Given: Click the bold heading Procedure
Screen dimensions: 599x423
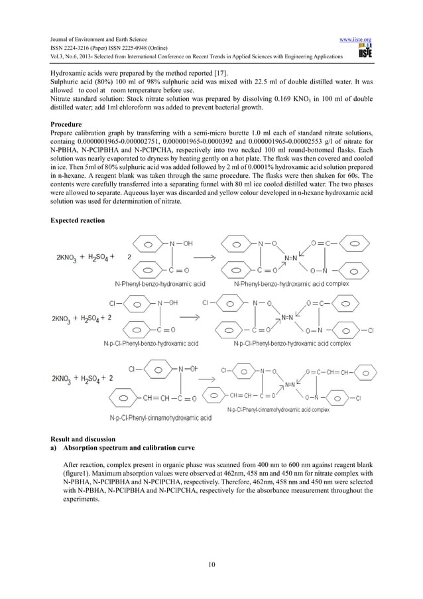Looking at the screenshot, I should point(66,124).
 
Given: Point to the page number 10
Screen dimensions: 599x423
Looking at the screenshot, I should point(211,565).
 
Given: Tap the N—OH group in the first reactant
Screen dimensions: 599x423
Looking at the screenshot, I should point(182,243).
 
